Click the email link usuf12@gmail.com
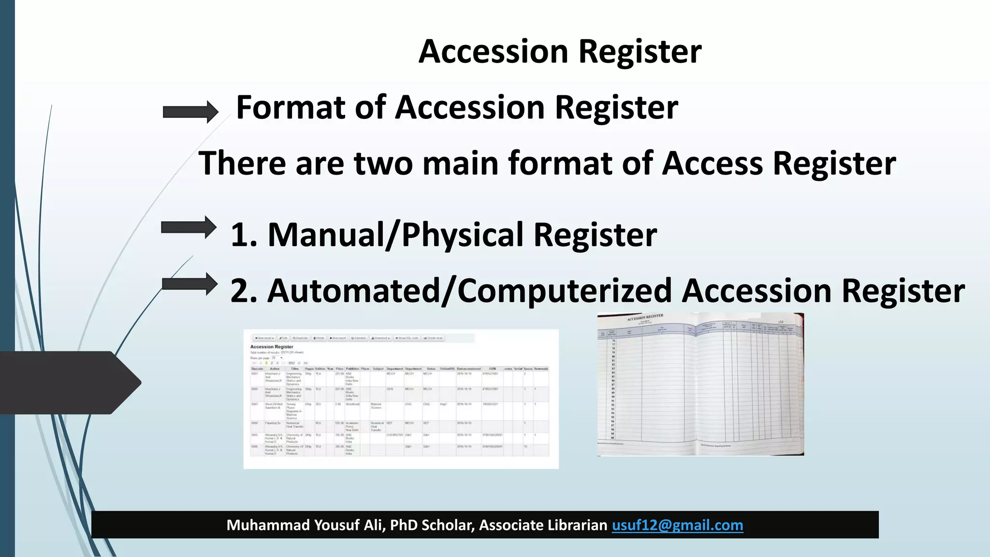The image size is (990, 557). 677,525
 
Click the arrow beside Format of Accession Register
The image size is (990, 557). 190,112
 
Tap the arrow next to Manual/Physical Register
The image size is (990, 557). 189,227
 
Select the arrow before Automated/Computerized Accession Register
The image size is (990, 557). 189,284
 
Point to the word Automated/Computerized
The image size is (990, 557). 469,291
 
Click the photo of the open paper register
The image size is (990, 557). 700,384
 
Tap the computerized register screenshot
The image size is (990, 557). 401,399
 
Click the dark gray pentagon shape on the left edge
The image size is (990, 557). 68,382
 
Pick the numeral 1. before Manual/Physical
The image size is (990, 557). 244,235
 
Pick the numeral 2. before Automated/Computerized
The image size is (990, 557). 244,291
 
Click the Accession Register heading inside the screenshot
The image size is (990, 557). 272,347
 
